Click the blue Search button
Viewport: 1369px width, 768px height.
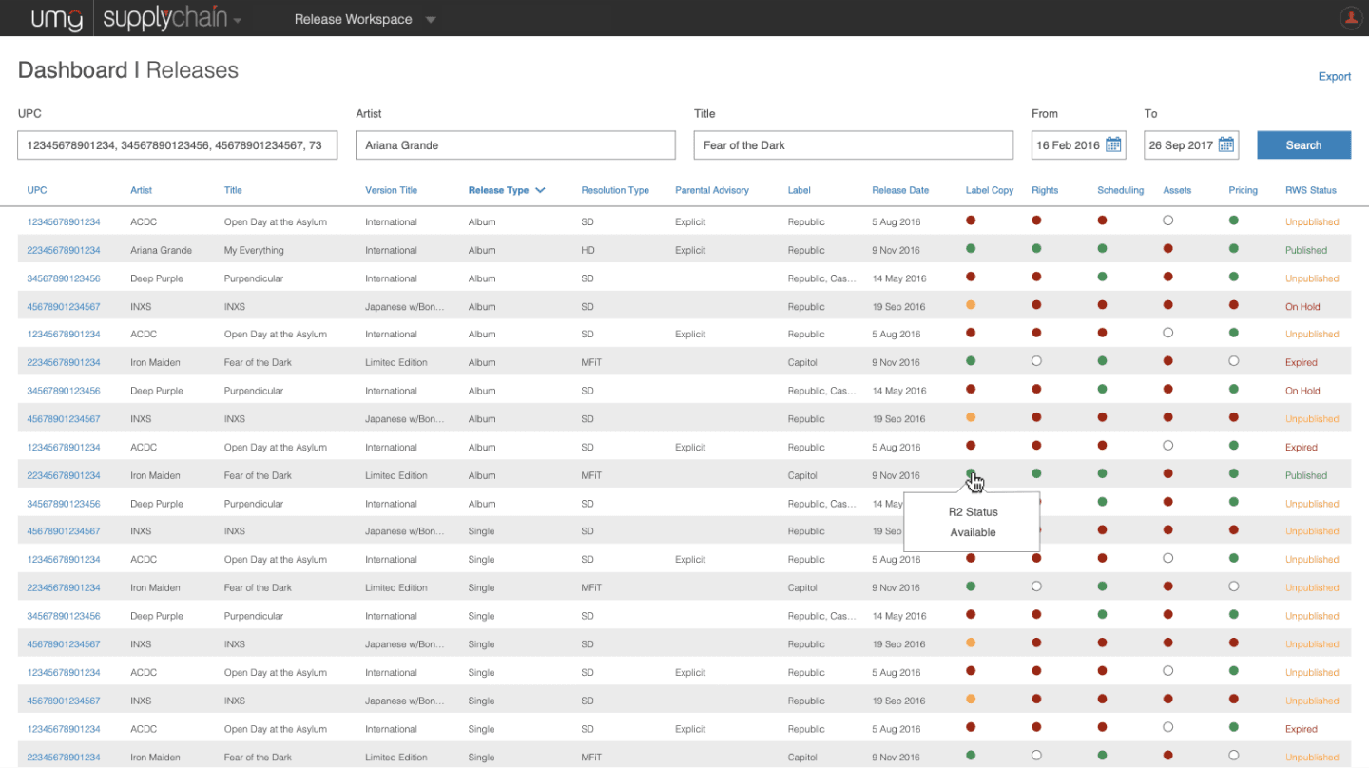point(1303,144)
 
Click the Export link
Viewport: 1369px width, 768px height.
point(1334,76)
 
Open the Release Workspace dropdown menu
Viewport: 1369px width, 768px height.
point(365,19)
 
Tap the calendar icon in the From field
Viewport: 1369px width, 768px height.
point(1113,144)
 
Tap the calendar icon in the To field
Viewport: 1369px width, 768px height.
point(1226,144)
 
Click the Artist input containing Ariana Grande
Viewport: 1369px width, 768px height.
point(515,144)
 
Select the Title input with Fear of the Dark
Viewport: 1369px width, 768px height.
point(853,144)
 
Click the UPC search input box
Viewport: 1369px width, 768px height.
point(177,144)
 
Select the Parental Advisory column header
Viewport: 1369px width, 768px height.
point(711,190)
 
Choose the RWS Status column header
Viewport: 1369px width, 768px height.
point(1310,190)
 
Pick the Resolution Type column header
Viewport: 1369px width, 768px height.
point(615,190)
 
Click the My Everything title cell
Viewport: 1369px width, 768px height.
point(254,250)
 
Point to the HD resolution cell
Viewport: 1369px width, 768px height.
point(588,250)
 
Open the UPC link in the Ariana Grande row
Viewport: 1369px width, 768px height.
point(64,250)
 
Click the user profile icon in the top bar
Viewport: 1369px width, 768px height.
point(1351,18)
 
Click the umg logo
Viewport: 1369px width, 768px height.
point(56,18)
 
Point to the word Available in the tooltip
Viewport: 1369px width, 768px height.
point(973,532)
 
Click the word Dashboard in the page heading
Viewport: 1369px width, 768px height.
point(72,70)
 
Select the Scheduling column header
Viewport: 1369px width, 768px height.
point(1120,190)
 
